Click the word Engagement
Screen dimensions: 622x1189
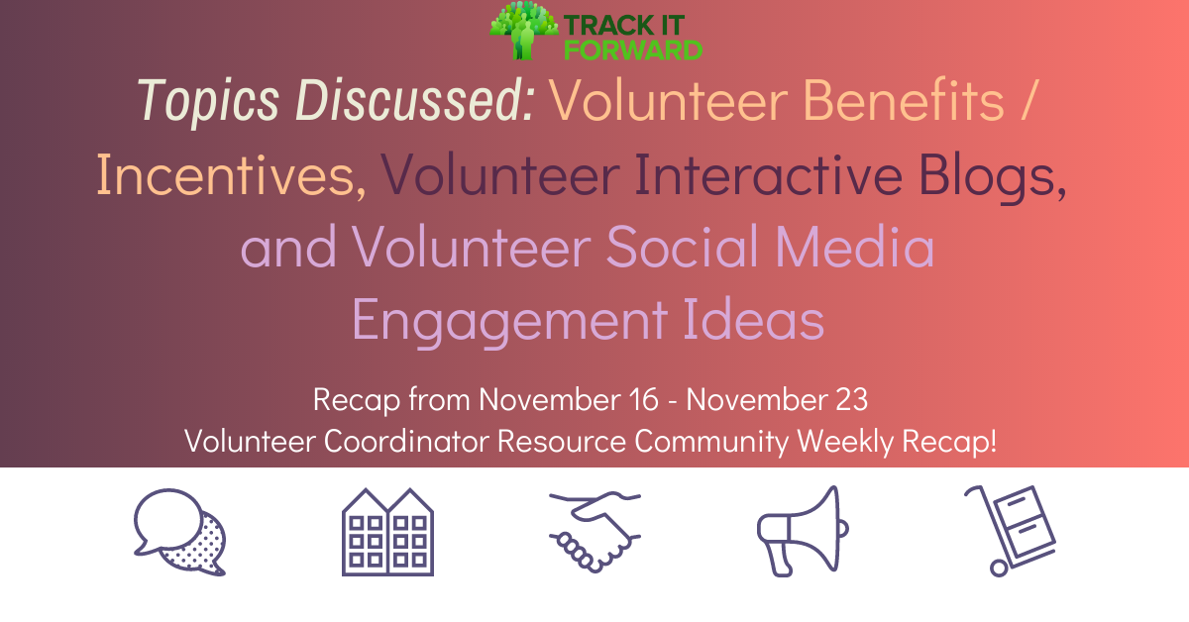(x=509, y=320)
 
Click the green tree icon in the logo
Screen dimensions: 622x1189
(x=523, y=30)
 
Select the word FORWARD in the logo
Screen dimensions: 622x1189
(x=647, y=50)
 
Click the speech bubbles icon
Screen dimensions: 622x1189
(x=179, y=532)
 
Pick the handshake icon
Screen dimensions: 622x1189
(x=594, y=532)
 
